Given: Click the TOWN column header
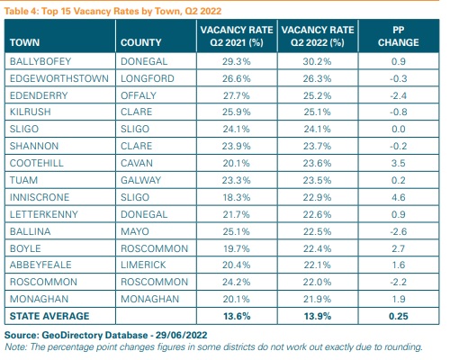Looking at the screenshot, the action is tap(24, 42).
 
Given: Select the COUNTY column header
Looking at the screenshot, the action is tap(141, 42).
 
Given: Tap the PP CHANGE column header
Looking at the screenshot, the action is tap(399, 36).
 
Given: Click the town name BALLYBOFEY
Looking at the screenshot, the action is tap(40, 61).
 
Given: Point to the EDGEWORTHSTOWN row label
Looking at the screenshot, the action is tap(59, 78).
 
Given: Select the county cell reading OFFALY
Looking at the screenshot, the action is tap(139, 95).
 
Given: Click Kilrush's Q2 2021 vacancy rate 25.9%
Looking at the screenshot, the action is tap(237, 112).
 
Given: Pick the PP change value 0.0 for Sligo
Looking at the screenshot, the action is tap(399, 129).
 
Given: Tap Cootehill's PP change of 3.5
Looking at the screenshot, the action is tap(399, 163).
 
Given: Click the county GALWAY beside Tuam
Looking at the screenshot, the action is tap(141, 180).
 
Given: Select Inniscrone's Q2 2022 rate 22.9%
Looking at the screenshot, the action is tap(317, 197).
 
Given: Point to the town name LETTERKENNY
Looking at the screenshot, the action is tap(44, 214).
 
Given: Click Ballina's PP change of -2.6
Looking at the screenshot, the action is tap(399, 231).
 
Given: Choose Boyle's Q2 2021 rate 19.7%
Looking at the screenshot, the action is tap(237, 248).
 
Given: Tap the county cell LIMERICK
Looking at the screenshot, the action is tap(143, 265).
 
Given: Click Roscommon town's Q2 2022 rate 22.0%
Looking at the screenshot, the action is tap(317, 282).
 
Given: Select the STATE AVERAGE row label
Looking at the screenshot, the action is tap(49, 316).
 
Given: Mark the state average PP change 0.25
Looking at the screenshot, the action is tap(399, 316).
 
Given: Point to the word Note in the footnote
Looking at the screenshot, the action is tap(15, 346).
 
